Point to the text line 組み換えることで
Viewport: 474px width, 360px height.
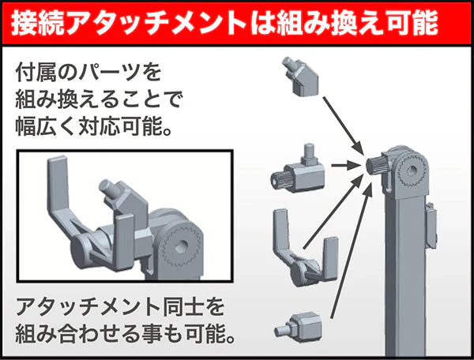100,100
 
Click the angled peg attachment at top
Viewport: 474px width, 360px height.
301,75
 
